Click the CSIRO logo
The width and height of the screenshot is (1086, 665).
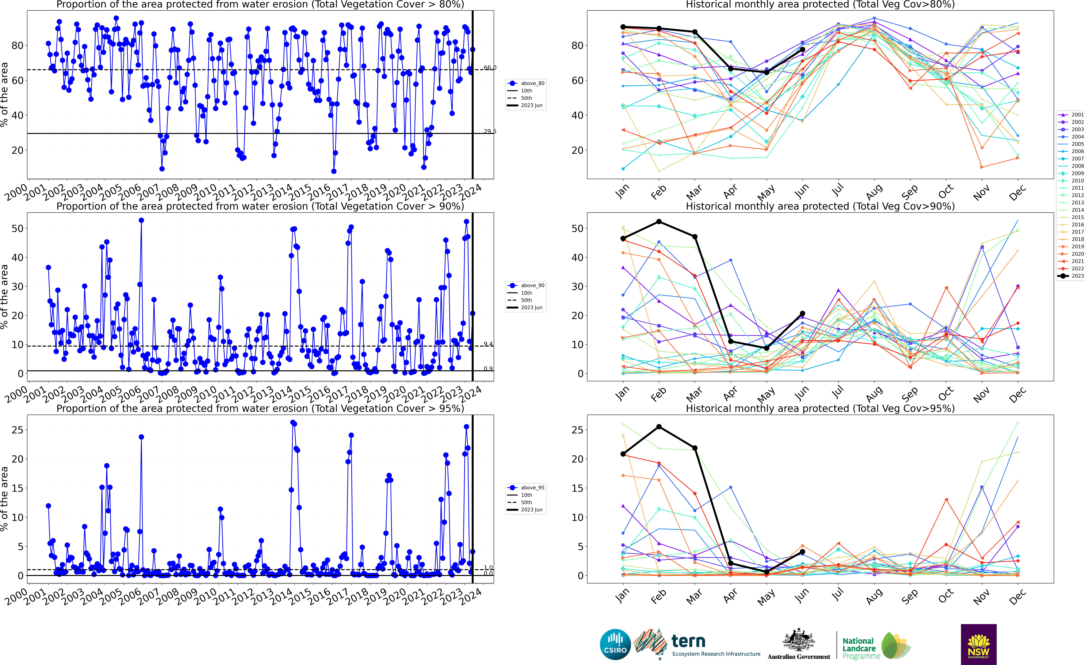(x=615, y=644)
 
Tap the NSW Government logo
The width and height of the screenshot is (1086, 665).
(x=978, y=644)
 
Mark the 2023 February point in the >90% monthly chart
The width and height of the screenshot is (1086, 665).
(x=659, y=221)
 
